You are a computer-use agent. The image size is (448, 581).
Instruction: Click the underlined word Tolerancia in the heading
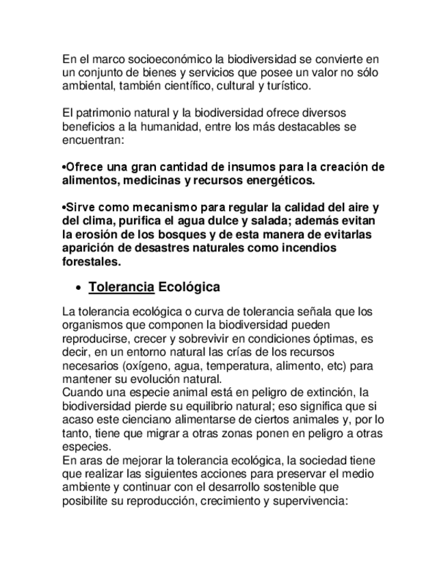click(x=121, y=287)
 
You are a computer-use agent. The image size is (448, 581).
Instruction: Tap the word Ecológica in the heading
click(x=189, y=287)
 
